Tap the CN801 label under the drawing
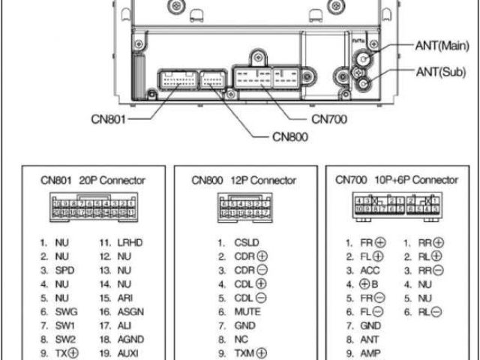[x=108, y=118]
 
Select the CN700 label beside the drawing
[x=331, y=118]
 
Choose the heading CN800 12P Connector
[x=243, y=181]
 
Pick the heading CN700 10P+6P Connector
[x=396, y=181]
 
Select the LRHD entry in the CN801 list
[x=130, y=243]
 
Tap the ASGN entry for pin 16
[x=130, y=312]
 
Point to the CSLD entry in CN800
[x=247, y=243]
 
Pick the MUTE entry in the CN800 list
[x=248, y=312]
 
